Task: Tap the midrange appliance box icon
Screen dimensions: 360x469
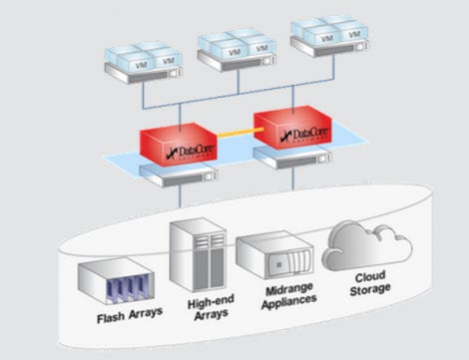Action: click(274, 254)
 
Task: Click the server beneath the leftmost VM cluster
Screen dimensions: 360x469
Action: click(144, 75)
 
